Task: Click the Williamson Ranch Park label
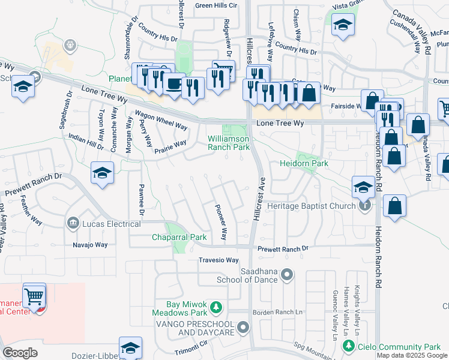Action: point(228,142)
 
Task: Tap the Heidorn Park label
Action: point(303,163)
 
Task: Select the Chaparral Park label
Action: point(179,237)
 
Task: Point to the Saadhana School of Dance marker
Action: point(288,275)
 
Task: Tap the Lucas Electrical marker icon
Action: point(74,224)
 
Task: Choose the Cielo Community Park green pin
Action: point(348,346)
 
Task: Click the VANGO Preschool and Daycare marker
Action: point(243,328)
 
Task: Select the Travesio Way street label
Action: point(219,260)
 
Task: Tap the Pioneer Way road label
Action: point(221,222)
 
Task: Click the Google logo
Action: point(20,353)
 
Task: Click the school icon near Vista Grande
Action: point(343,25)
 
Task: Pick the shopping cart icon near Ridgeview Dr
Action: point(224,70)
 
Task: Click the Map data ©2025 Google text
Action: point(412,355)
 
